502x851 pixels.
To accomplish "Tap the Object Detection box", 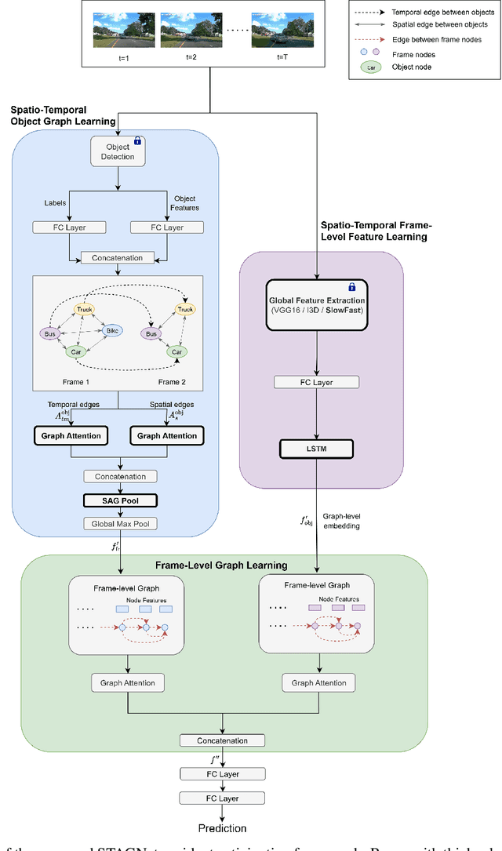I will tap(118, 151).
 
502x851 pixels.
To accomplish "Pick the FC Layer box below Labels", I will tap(69, 227).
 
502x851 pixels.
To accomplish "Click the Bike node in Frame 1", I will tap(112, 330).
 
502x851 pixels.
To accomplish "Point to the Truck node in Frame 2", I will tap(185, 310).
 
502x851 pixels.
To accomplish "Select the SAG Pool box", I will tap(119, 500).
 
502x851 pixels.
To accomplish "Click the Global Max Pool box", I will tap(119, 523).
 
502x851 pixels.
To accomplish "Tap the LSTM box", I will tap(317, 449).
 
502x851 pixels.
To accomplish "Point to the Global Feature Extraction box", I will tap(317, 299).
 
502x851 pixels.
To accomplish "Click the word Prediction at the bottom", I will tap(221, 828).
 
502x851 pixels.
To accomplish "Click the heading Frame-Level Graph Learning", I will tap(221, 565).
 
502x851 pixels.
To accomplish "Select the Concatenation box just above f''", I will tap(223, 740).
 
